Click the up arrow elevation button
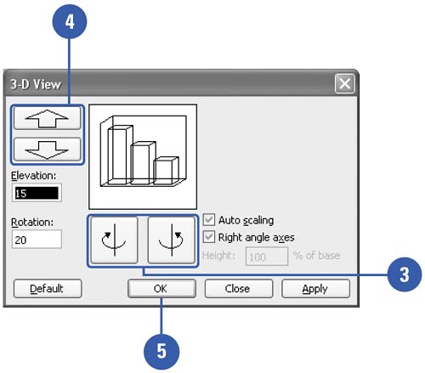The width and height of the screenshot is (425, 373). click(x=48, y=118)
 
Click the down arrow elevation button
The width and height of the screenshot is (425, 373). click(x=48, y=150)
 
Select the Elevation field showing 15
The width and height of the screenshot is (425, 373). click(x=37, y=193)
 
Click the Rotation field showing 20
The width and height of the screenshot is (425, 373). click(x=37, y=240)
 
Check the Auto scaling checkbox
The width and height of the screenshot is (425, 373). click(x=209, y=220)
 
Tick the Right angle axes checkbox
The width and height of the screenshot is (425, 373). click(x=209, y=237)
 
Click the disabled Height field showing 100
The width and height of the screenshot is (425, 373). click(x=267, y=257)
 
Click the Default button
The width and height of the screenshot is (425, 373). click(x=48, y=289)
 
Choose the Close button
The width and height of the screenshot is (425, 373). click(x=239, y=289)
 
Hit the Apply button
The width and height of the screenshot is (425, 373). click(x=315, y=289)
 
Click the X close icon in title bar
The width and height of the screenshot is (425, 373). click(x=344, y=83)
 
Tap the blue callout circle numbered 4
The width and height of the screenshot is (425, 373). click(x=70, y=21)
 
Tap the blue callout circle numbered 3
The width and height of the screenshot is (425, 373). click(x=405, y=274)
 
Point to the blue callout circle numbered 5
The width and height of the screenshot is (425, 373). click(x=161, y=352)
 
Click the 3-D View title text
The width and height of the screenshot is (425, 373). click(x=36, y=84)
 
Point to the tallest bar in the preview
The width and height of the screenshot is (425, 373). click(x=120, y=155)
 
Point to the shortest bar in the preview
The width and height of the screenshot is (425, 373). click(x=166, y=171)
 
